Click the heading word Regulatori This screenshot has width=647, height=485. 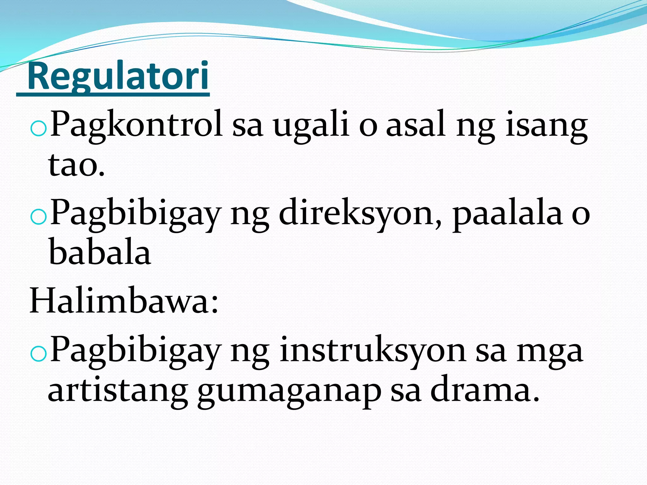[118, 76]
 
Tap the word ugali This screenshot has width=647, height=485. [311, 126]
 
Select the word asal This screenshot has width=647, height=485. [416, 124]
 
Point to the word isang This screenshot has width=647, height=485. [546, 126]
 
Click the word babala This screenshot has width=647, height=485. [99, 253]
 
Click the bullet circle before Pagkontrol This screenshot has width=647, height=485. [38, 129]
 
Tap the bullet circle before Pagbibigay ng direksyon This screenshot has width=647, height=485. [38, 218]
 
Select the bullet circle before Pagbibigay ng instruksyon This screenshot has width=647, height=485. [38, 355]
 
